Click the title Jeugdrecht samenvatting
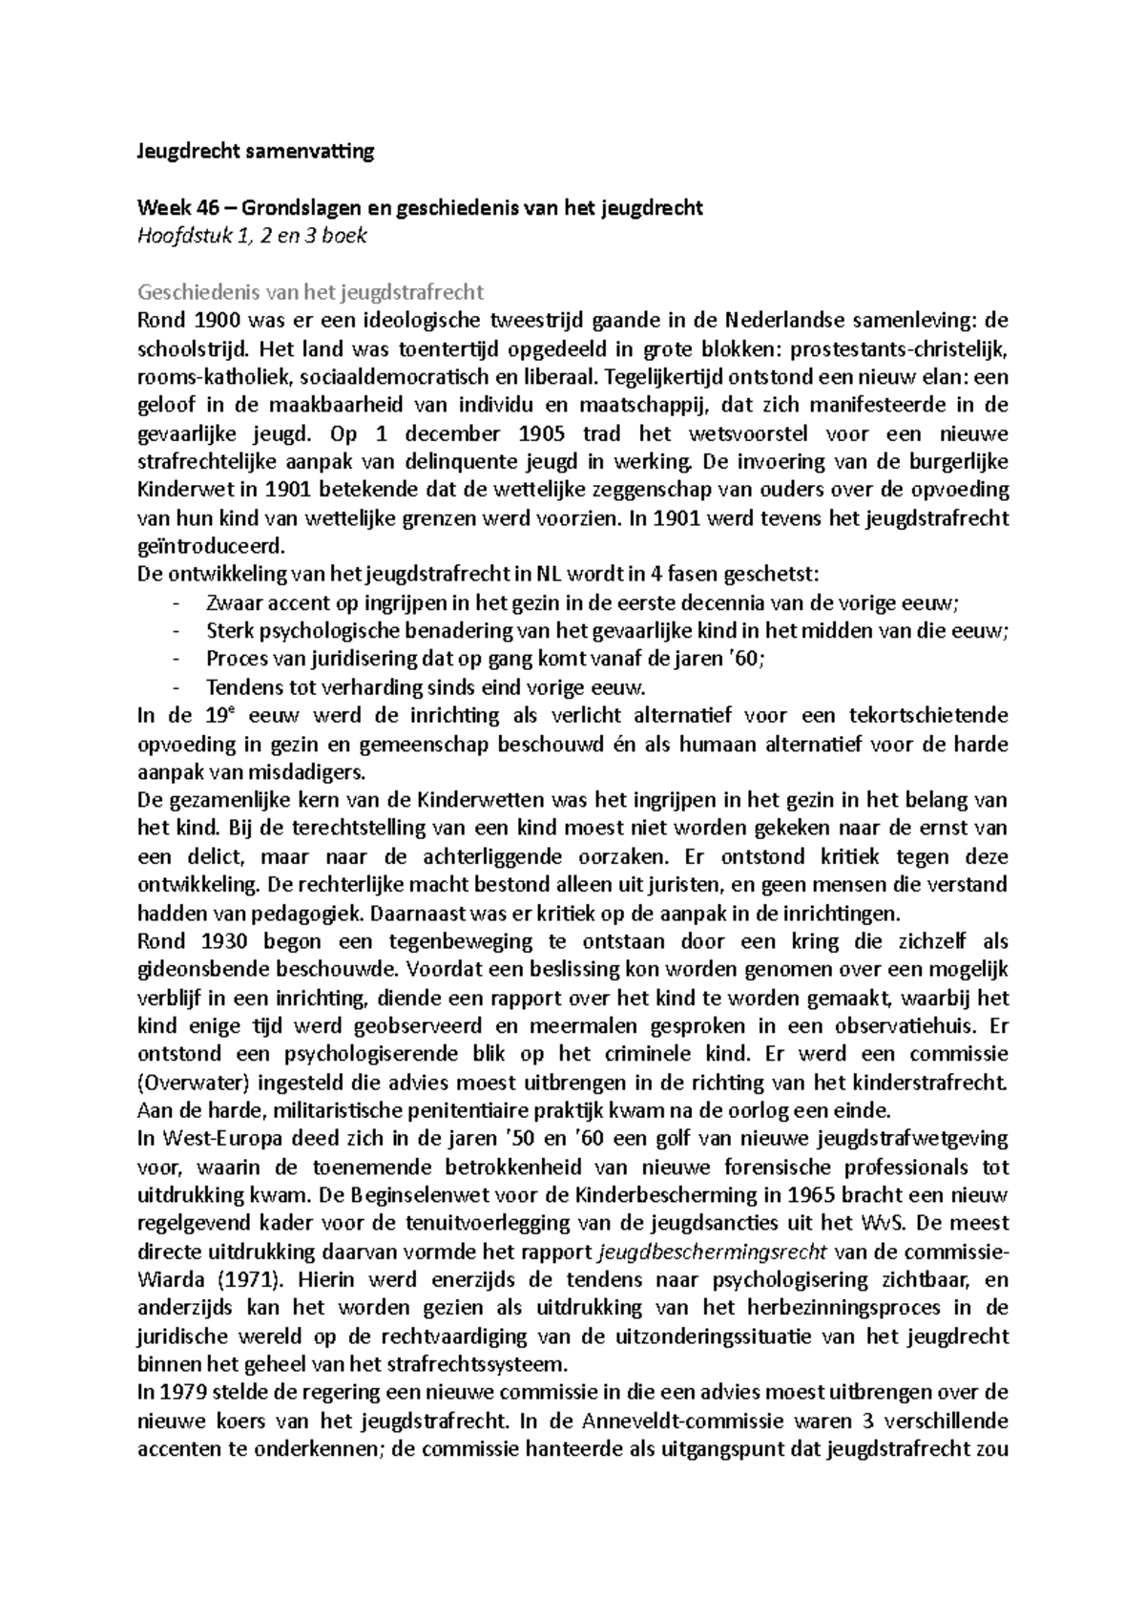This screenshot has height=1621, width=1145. [256, 151]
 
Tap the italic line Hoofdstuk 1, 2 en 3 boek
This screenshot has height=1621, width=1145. [252, 235]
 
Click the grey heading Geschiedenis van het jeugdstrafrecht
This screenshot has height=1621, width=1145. [311, 291]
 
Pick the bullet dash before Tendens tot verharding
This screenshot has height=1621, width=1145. [176, 687]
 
